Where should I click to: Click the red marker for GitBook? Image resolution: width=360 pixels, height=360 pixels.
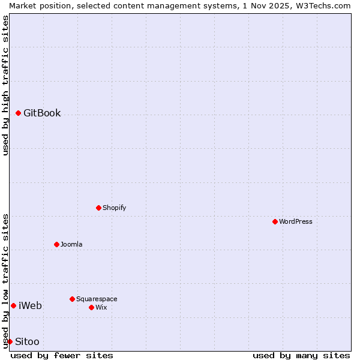point(18,113)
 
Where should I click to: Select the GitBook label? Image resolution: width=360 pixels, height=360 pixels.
point(42,113)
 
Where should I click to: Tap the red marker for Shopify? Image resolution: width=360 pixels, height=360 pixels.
point(98,208)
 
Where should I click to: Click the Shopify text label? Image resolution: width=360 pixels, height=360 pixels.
point(114,208)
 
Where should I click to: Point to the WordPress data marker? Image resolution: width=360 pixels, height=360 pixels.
point(275,221)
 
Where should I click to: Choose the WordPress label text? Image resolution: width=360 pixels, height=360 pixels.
point(295,222)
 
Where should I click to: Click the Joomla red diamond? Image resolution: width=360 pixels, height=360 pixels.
point(56,244)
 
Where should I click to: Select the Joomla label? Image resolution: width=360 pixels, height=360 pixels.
point(71,245)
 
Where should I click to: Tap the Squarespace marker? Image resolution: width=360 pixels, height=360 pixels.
point(72,299)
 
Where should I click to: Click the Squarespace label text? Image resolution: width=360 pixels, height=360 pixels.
point(97,299)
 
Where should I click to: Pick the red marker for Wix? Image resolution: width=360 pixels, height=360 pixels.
point(91,307)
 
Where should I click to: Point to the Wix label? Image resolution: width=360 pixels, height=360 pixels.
point(101,308)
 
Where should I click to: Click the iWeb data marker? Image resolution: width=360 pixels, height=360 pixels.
point(13,305)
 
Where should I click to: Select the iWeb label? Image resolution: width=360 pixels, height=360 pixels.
point(30,306)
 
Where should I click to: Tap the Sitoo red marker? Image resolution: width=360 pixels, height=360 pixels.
point(10,341)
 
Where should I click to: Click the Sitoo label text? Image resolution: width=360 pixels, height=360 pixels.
point(27,342)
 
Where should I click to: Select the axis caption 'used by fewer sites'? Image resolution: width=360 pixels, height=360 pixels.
point(62,355)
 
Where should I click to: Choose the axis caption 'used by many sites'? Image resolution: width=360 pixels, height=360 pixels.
point(301,355)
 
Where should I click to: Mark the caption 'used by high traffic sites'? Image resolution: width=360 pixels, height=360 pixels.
point(5,85)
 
